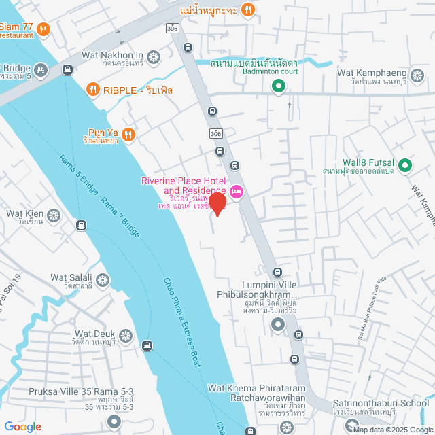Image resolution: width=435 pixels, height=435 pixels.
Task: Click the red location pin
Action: click(217, 203)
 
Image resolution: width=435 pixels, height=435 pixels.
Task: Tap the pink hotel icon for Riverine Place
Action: click(236, 191)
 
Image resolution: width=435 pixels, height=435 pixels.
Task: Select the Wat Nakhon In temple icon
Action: click(153, 56)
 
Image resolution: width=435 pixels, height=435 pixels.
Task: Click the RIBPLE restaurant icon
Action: click(93, 88)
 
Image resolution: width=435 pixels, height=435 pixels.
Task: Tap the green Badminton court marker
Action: click(277, 86)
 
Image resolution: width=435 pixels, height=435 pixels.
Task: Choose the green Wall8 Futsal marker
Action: click(404, 164)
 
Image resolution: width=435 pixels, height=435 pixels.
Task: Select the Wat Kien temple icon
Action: click(54, 215)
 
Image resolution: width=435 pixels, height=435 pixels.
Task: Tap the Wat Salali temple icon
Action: click(102, 279)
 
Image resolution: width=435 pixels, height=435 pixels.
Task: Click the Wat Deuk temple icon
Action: click(126, 335)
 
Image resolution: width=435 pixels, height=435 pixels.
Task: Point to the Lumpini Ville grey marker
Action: click(277, 326)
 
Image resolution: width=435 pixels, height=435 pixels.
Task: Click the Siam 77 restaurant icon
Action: click(43, 29)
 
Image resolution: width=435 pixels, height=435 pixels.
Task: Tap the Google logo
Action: click(22, 426)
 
